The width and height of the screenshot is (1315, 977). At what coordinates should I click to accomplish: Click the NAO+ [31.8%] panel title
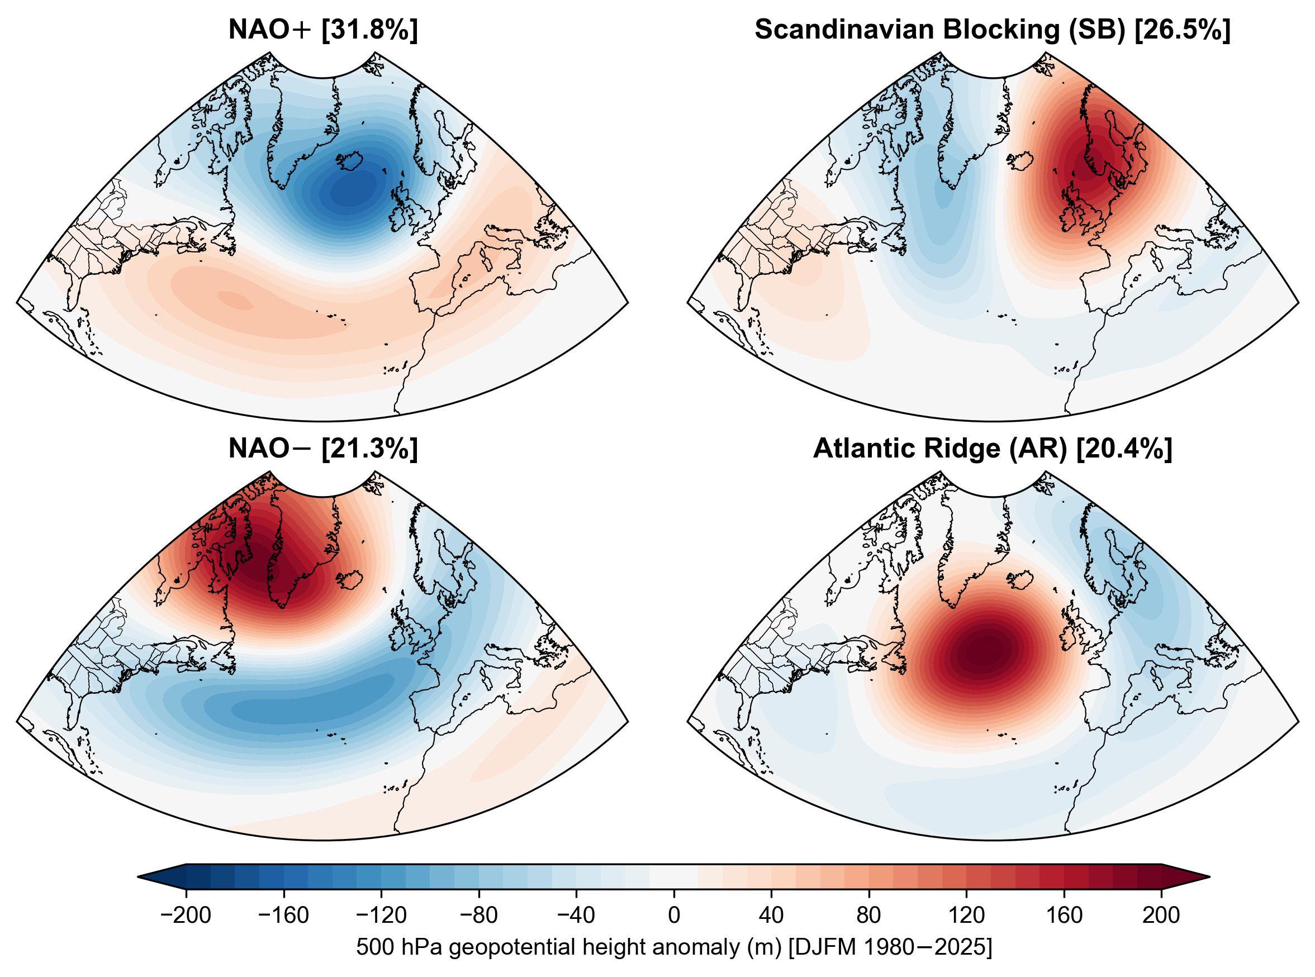pyautogui.click(x=323, y=30)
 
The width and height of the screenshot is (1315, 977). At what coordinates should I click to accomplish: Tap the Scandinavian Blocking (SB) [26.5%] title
pyautogui.click(x=993, y=30)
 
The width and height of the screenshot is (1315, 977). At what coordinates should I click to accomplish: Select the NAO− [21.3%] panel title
pyautogui.click(x=323, y=449)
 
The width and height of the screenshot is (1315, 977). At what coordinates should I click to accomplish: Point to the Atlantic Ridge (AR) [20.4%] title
pyautogui.click(x=993, y=449)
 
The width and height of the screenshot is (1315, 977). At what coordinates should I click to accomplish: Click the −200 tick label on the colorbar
pyautogui.click(x=186, y=915)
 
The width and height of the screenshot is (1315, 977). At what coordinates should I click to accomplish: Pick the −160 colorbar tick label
pyautogui.click(x=283, y=915)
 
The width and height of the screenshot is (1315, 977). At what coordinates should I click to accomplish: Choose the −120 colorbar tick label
pyautogui.click(x=381, y=915)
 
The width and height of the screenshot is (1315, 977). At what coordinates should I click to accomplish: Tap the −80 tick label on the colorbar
pyautogui.click(x=478, y=915)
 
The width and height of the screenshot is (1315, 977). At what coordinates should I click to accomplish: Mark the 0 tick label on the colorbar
pyautogui.click(x=674, y=915)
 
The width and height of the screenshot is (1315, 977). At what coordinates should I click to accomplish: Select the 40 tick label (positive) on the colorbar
pyautogui.click(x=771, y=915)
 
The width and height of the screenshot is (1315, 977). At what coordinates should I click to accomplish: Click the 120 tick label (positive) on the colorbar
pyautogui.click(x=967, y=915)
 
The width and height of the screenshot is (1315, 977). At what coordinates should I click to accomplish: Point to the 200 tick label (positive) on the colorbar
pyautogui.click(x=1161, y=915)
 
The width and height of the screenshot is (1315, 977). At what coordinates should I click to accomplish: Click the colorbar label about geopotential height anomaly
pyautogui.click(x=674, y=947)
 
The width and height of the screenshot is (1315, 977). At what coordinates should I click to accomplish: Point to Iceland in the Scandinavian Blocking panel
pyautogui.click(x=1020, y=161)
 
